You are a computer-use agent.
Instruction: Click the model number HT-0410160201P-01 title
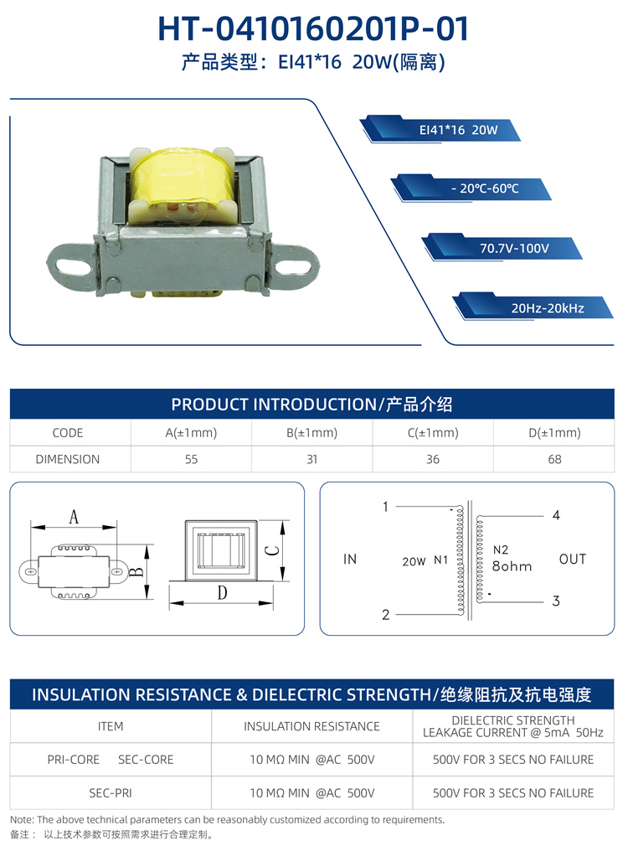(313, 28)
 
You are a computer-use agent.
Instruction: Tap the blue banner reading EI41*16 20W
(440, 130)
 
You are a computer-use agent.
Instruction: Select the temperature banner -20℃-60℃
(471, 188)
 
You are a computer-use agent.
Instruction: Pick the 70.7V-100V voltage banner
(502, 248)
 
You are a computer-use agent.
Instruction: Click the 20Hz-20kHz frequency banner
(533, 307)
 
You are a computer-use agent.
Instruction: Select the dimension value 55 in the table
(191, 459)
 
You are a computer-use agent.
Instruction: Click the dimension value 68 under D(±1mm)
(554, 459)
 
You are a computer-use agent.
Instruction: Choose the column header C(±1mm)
(433, 433)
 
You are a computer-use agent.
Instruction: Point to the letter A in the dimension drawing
(74, 517)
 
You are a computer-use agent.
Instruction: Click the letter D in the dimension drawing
(222, 593)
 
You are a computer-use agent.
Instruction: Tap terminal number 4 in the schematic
(556, 515)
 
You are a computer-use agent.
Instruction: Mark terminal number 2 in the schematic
(386, 615)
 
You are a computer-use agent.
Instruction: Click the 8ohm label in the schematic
(512, 566)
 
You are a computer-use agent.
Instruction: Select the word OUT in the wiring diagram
(573, 559)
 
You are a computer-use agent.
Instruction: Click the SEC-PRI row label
(110, 792)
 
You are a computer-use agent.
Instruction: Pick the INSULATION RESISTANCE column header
(311, 726)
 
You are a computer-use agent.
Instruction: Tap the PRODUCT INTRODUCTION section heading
(311, 404)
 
